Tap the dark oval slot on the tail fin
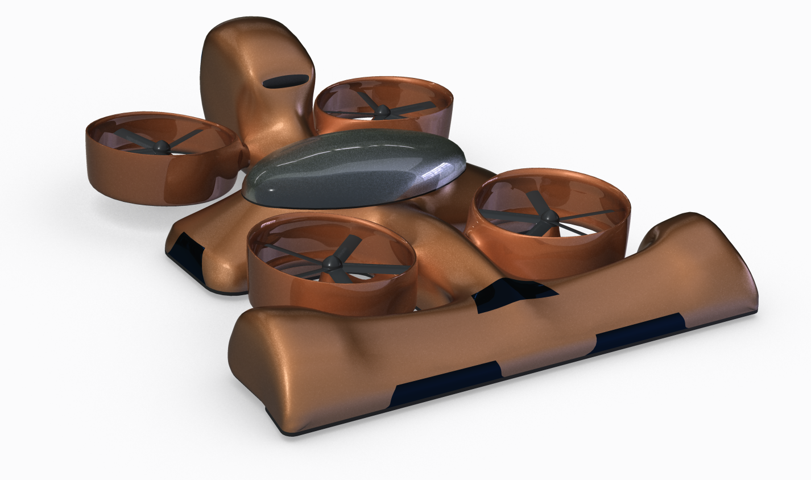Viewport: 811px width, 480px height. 285,81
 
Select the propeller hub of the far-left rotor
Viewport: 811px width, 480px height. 160,147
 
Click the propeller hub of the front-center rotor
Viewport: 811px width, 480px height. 331,262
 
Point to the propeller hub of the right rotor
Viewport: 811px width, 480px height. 549,217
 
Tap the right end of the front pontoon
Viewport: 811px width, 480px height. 734,273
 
